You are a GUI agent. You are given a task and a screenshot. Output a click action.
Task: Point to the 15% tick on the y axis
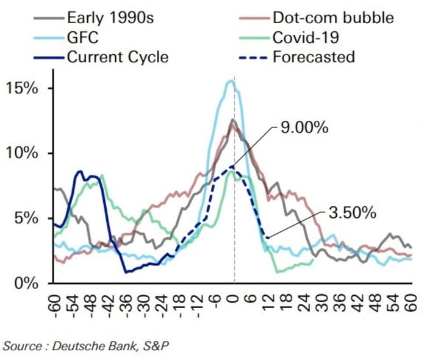[21, 88]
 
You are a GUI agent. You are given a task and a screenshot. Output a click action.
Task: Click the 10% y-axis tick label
[21, 153]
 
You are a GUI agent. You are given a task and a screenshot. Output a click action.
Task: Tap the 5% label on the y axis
[26, 218]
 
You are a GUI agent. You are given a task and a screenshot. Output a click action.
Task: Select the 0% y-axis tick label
[26, 283]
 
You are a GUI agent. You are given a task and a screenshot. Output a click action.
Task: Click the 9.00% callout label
[304, 128]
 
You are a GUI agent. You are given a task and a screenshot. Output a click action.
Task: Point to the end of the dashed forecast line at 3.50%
[267, 237]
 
